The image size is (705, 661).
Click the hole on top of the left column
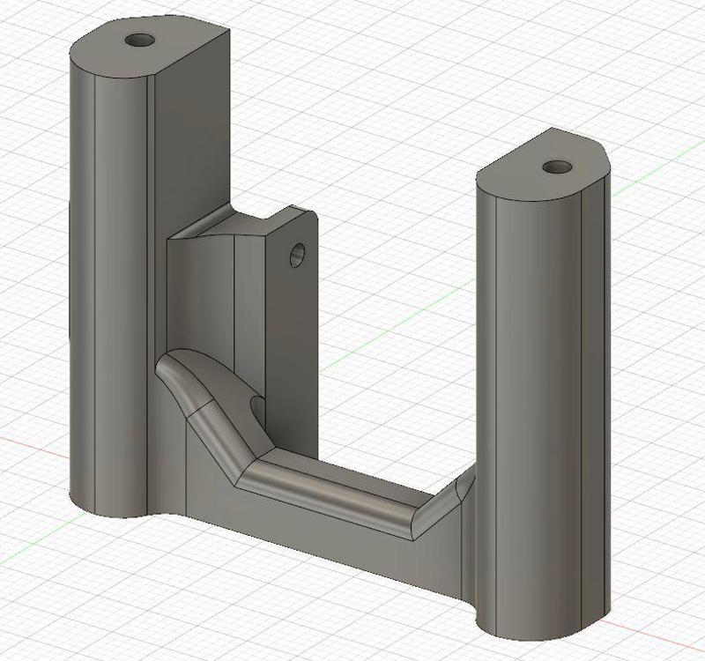coord(138,41)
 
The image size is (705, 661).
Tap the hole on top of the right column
coord(555,167)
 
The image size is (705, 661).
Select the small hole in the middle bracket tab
coord(298,256)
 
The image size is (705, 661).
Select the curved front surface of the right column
coord(529,397)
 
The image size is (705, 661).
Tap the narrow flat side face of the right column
coord(596,397)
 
